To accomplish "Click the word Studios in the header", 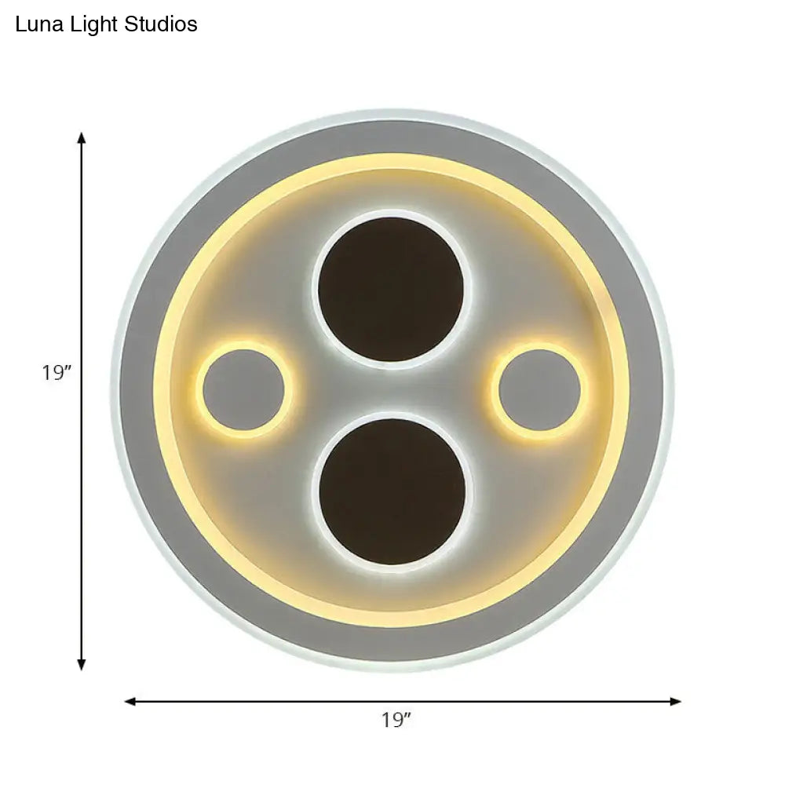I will pyautogui.click(x=160, y=24).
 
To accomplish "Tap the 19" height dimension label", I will pyautogui.click(x=57, y=372).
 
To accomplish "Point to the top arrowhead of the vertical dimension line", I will pyautogui.click(x=81, y=138).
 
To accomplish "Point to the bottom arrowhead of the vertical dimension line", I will pyautogui.click(x=81, y=666).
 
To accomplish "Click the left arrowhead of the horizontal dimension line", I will pyautogui.click(x=131, y=701).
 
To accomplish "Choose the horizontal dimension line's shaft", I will pyautogui.click(x=275, y=701).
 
